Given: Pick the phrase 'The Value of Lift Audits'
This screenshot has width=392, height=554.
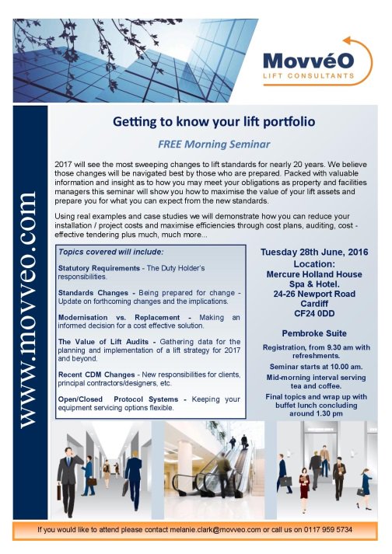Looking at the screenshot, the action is pyautogui.click(x=102, y=341).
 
